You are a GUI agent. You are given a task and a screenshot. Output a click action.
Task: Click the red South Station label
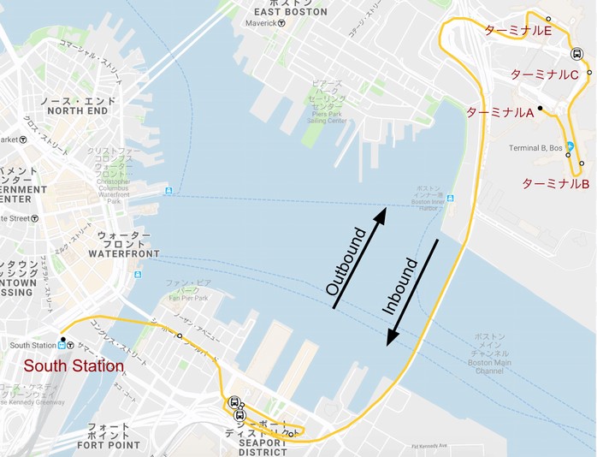click(x=74, y=365)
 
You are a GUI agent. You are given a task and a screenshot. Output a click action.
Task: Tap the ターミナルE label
click(x=517, y=31)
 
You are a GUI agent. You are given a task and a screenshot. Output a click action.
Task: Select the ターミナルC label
click(x=545, y=74)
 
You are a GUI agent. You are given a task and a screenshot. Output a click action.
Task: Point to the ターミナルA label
click(x=499, y=112)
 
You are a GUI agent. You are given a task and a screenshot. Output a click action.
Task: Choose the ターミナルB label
click(x=555, y=184)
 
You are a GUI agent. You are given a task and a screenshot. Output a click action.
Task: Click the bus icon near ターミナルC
click(x=577, y=54)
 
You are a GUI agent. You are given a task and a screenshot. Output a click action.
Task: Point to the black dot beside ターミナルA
click(x=540, y=108)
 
